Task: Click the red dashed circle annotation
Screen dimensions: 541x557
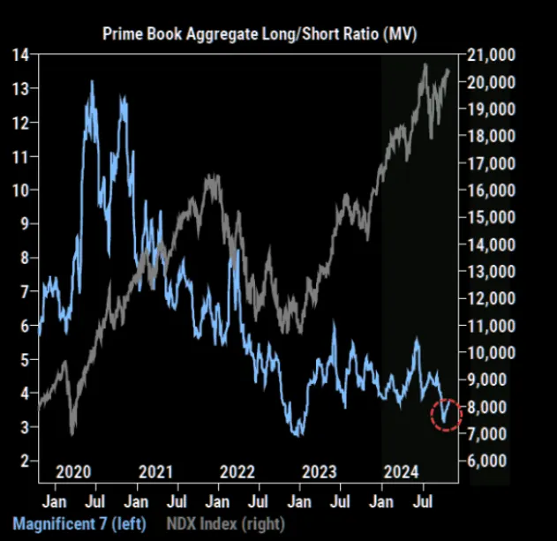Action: [x=447, y=412]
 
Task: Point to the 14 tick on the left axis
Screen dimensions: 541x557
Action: [x=21, y=55]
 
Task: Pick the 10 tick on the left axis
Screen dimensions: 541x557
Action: [x=21, y=190]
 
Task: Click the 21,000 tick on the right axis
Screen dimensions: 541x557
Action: [x=492, y=55]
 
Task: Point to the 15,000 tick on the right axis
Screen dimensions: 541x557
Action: [x=492, y=217]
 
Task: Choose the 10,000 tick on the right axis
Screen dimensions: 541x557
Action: [x=492, y=352]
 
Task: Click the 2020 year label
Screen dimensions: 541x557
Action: [x=72, y=471]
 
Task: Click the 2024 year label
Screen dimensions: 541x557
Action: [x=403, y=471]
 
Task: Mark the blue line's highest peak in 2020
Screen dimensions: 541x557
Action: [x=91, y=82]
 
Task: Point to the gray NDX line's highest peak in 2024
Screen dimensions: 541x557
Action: [x=425, y=64]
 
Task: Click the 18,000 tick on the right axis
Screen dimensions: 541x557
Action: [x=492, y=136]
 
